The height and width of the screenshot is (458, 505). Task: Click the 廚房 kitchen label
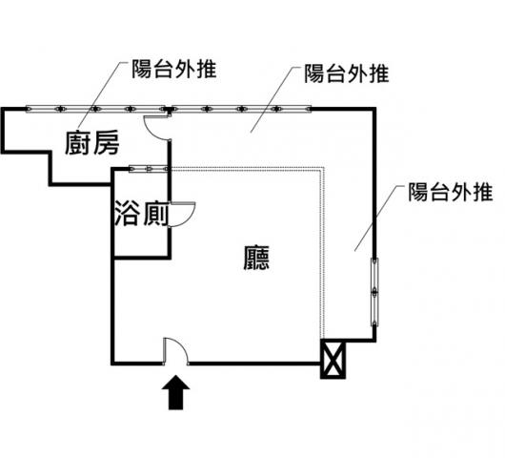click(92, 143)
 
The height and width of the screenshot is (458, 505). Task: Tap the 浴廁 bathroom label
click(142, 214)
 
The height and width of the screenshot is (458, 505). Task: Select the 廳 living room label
click(256, 258)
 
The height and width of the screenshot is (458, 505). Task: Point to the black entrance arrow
click(175, 392)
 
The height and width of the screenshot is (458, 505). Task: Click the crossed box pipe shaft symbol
click(333, 359)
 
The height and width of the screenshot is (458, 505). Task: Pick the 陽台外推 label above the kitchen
click(174, 69)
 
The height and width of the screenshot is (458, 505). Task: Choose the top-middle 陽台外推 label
click(347, 73)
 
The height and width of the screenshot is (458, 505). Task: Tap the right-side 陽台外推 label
click(451, 192)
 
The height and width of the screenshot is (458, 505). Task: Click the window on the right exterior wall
click(374, 292)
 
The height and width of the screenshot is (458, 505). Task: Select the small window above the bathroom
click(149, 168)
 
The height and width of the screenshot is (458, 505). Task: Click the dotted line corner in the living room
click(323, 168)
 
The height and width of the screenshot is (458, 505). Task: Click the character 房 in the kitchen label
click(107, 143)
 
